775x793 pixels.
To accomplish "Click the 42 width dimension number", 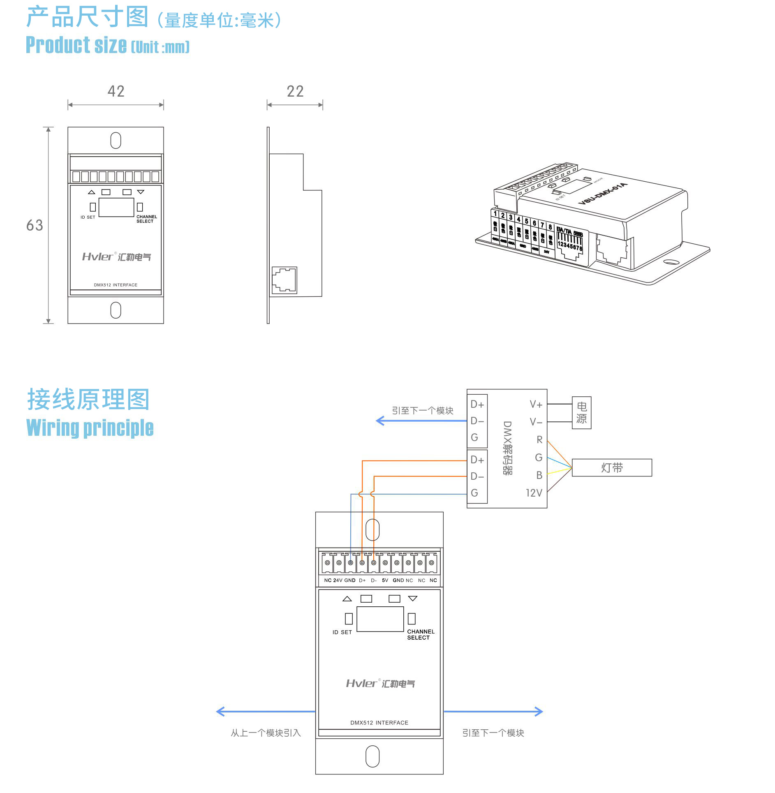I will tap(116, 91).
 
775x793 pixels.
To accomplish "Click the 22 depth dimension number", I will tap(295, 91).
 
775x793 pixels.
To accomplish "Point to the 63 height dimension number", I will tap(35, 225).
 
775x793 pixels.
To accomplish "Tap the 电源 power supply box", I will tap(581, 413).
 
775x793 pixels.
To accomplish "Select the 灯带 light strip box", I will tap(612, 468).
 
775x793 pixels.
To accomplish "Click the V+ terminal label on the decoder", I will tap(536, 405).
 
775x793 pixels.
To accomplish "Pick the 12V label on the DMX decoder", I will tap(534, 493).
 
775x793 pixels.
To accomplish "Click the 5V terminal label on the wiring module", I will tap(385, 580).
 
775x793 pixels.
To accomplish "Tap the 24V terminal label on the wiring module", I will tap(338, 580).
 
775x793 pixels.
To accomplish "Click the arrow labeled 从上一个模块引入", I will tap(266, 712).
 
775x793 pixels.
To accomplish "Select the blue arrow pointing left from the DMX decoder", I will tap(421, 421).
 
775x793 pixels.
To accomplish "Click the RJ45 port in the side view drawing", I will tap(284, 280).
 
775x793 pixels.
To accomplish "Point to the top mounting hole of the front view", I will tap(116, 140).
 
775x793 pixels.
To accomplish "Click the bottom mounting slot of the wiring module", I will tap(372, 756).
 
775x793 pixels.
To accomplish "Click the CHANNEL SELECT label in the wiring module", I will tap(421, 635).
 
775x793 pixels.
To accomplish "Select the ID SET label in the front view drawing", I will tap(88, 217).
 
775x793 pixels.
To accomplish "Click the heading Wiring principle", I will tap(90, 428).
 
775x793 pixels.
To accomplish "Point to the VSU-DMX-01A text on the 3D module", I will tap(603, 194).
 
